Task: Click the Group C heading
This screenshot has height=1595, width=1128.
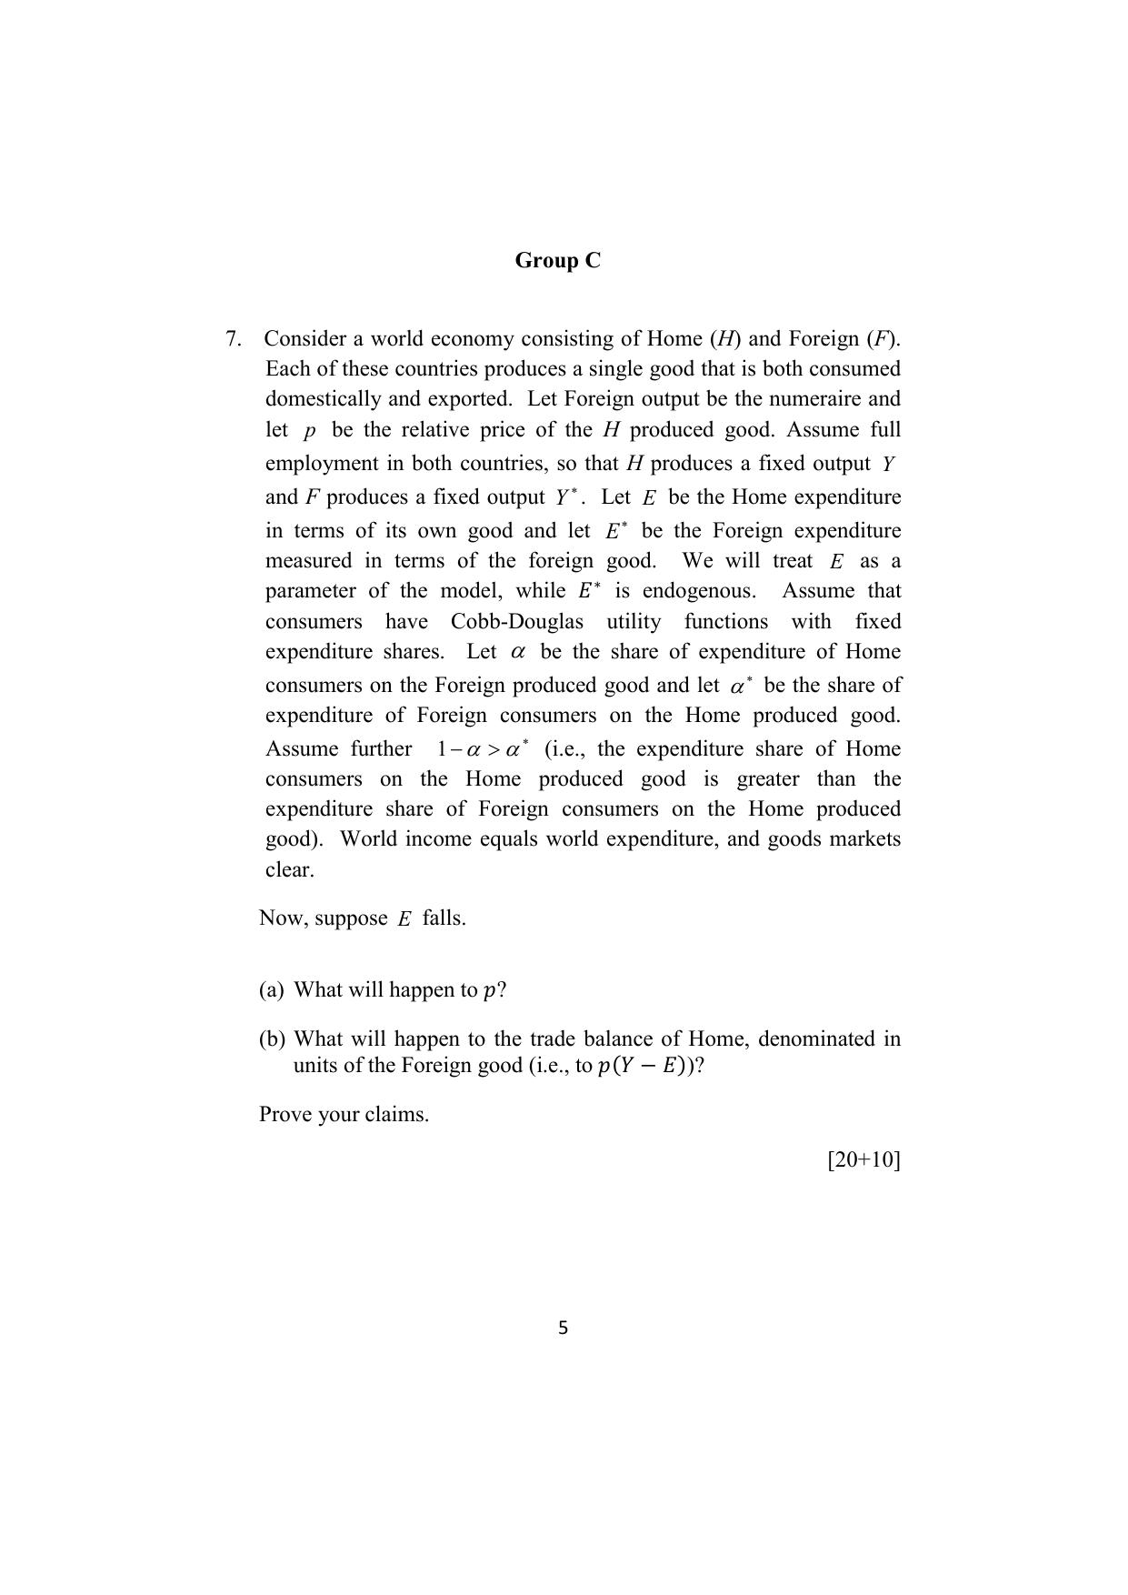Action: (x=557, y=261)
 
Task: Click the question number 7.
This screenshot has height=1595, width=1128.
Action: (x=234, y=339)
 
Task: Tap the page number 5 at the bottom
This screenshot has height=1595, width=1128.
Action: (x=563, y=1329)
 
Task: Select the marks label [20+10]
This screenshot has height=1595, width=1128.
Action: (x=863, y=1160)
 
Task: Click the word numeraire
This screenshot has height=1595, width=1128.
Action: (x=815, y=399)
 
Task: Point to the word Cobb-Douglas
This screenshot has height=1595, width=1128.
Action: (x=516, y=622)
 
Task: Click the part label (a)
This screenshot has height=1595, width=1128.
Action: (x=271, y=990)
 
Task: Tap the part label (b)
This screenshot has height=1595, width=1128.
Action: (x=272, y=1038)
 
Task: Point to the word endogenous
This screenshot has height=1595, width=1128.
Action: (x=698, y=591)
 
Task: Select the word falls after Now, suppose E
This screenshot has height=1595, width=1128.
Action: (x=444, y=918)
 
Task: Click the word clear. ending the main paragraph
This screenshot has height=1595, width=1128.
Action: (x=289, y=870)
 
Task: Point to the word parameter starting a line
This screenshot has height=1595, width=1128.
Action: (x=310, y=591)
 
